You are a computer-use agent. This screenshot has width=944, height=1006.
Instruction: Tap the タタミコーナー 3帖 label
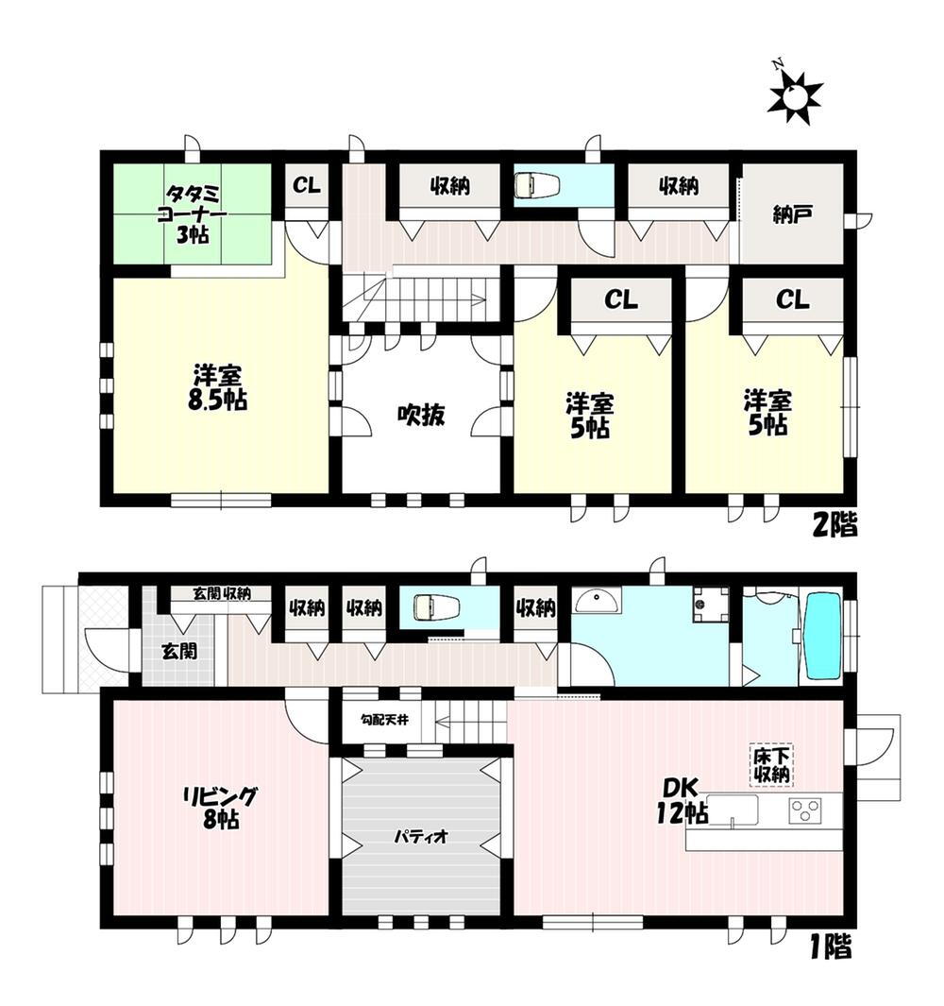(x=192, y=213)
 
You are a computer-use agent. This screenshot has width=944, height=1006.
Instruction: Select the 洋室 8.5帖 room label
(x=218, y=387)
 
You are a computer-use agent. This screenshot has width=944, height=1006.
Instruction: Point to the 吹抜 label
(x=421, y=415)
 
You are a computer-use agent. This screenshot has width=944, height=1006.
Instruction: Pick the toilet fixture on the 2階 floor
(x=537, y=186)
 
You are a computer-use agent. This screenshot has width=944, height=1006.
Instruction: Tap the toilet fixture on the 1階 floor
(x=437, y=607)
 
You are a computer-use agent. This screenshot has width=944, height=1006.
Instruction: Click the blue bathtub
(x=823, y=636)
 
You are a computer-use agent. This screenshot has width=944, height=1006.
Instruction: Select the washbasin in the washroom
(x=597, y=601)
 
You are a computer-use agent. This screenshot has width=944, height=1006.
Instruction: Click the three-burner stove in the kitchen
(x=805, y=810)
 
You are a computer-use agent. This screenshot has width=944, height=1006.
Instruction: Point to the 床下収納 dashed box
(x=771, y=765)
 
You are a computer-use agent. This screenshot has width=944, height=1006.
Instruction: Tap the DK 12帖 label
(x=682, y=800)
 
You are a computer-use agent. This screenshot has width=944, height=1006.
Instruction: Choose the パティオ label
(x=421, y=837)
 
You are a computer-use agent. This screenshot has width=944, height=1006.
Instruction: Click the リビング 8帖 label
(x=220, y=808)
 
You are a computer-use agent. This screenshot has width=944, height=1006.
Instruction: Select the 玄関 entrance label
(x=179, y=651)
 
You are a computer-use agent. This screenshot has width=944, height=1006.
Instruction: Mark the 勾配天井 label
(x=383, y=720)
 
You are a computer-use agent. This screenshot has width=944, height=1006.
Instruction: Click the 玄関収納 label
(x=222, y=593)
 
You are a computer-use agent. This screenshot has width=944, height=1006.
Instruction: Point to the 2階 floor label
(x=834, y=526)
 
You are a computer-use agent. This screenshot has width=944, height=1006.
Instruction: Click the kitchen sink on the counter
(x=733, y=811)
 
